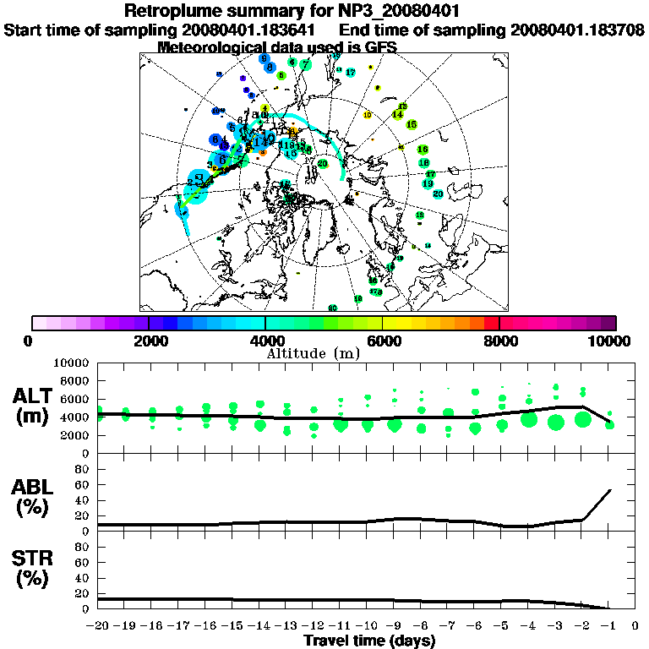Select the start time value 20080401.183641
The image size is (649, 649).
[x=253, y=30]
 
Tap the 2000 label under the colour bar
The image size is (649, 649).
[x=149, y=341]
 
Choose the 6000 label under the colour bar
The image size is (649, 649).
[x=382, y=341]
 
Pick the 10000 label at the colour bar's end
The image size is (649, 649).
[x=611, y=341]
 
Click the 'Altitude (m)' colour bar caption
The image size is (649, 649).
[x=324, y=352]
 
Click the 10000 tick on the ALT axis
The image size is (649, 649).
[x=72, y=363]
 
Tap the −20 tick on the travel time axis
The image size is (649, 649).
[x=98, y=627]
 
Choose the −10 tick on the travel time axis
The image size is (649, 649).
[x=366, y=627]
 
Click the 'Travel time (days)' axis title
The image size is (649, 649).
[x=369, y=641]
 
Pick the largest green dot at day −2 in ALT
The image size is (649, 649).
[x=582, y=419]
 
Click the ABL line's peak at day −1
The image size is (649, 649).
[x=609, y=489]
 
